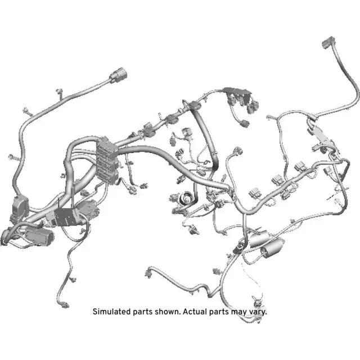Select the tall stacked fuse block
107,159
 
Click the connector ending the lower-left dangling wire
69,304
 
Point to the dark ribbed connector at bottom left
37,237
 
